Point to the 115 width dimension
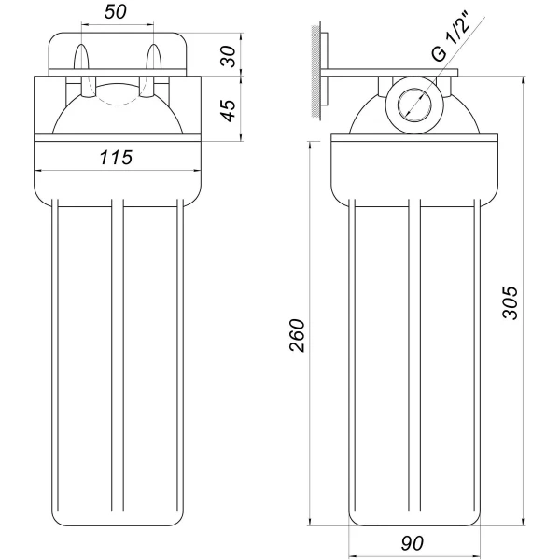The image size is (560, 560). (x=117, y=158)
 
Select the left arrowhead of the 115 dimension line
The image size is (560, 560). (x=37, y=171)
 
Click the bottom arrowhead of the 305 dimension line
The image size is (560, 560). (x=523, y=519)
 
